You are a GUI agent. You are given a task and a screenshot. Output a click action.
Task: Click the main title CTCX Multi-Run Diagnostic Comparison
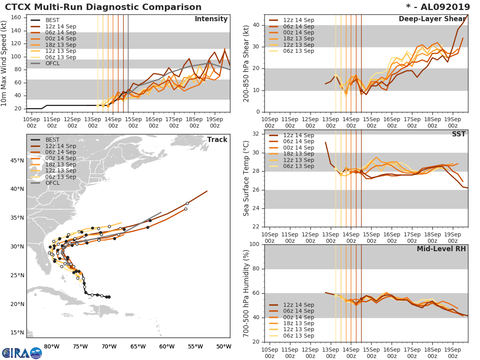click(103, 7)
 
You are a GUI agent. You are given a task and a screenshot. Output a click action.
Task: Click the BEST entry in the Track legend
click(52, 140)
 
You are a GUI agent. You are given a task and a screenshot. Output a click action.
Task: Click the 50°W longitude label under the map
click(224, 346)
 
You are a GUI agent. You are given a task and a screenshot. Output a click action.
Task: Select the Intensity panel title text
click(211, 19)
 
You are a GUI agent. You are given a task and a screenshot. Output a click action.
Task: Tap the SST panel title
click(458, 134)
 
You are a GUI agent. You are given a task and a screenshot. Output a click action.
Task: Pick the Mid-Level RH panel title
click(441, 249)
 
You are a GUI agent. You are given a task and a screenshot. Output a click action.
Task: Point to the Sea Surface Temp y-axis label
click(246, 178)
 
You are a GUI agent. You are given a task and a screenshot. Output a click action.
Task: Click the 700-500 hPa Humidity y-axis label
click(246, 293)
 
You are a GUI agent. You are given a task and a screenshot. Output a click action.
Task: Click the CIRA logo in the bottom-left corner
click(22, 353)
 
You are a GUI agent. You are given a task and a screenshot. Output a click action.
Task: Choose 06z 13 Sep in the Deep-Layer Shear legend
click(298, 51)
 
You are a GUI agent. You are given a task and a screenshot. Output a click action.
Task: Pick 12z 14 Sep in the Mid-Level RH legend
click(298, 305)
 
